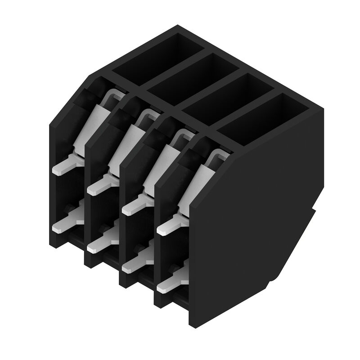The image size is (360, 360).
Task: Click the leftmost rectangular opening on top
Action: click(x=155, y=56)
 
